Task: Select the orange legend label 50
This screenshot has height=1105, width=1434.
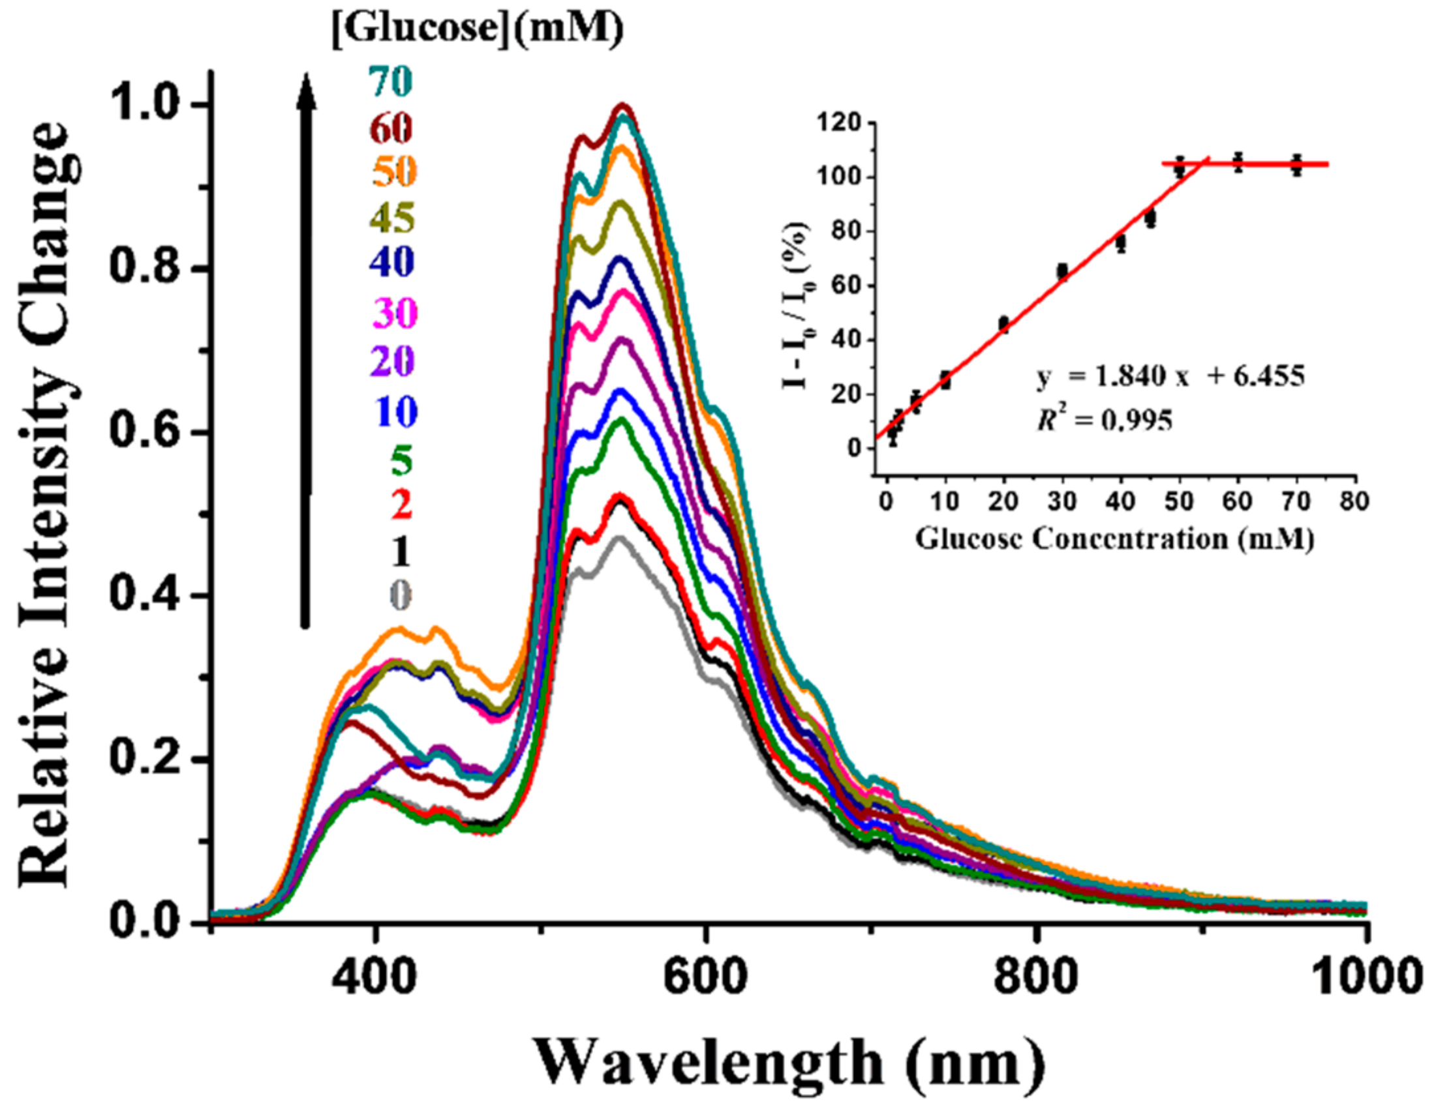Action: pos(394,172)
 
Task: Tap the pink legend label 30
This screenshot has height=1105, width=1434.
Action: pos(394,312)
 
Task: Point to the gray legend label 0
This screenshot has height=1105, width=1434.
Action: pos(400,595)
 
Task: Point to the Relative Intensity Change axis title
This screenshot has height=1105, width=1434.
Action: pos(46,505)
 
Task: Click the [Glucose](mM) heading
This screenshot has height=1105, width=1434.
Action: pos(478,29)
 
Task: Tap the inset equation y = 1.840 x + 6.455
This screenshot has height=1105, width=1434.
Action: pos(1170,377)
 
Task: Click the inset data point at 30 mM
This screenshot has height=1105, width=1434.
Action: pos(1062,272)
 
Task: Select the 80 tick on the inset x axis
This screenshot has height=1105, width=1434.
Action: pos(1354,501)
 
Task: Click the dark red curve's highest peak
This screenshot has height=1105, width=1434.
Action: pos(622,106)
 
